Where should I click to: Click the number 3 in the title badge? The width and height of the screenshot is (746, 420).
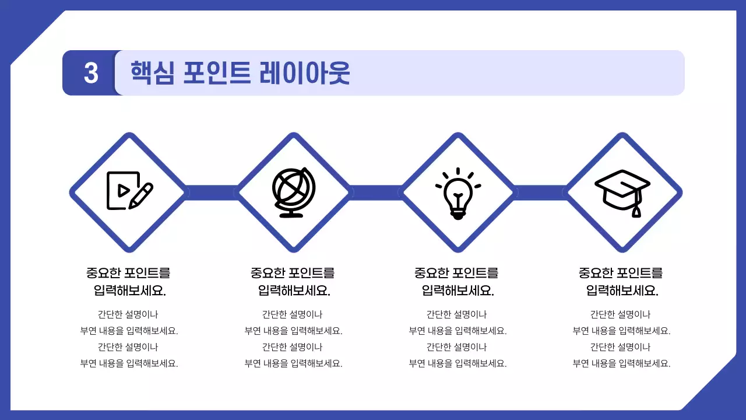[91, 73]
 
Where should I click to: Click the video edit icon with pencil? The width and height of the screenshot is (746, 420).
[129, 191]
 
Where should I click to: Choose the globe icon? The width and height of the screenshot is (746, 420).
[293, 191]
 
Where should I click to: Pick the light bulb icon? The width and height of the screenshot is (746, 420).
[458, 192]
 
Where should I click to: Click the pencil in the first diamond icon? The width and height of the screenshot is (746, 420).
[142, 195]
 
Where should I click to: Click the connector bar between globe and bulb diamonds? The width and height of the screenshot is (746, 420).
[376, 192]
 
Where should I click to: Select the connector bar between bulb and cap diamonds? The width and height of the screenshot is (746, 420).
[540, 192]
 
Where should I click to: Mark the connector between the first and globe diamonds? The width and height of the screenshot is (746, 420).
[211, 192]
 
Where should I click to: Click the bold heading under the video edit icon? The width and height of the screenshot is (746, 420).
[129, 281]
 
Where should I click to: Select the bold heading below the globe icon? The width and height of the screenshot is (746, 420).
[293, 281]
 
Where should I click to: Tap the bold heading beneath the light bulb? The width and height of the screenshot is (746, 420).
[458, 281]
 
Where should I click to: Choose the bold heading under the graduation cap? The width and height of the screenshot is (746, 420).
[621, 281]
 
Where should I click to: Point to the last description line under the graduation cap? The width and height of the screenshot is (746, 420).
[621, 363]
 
